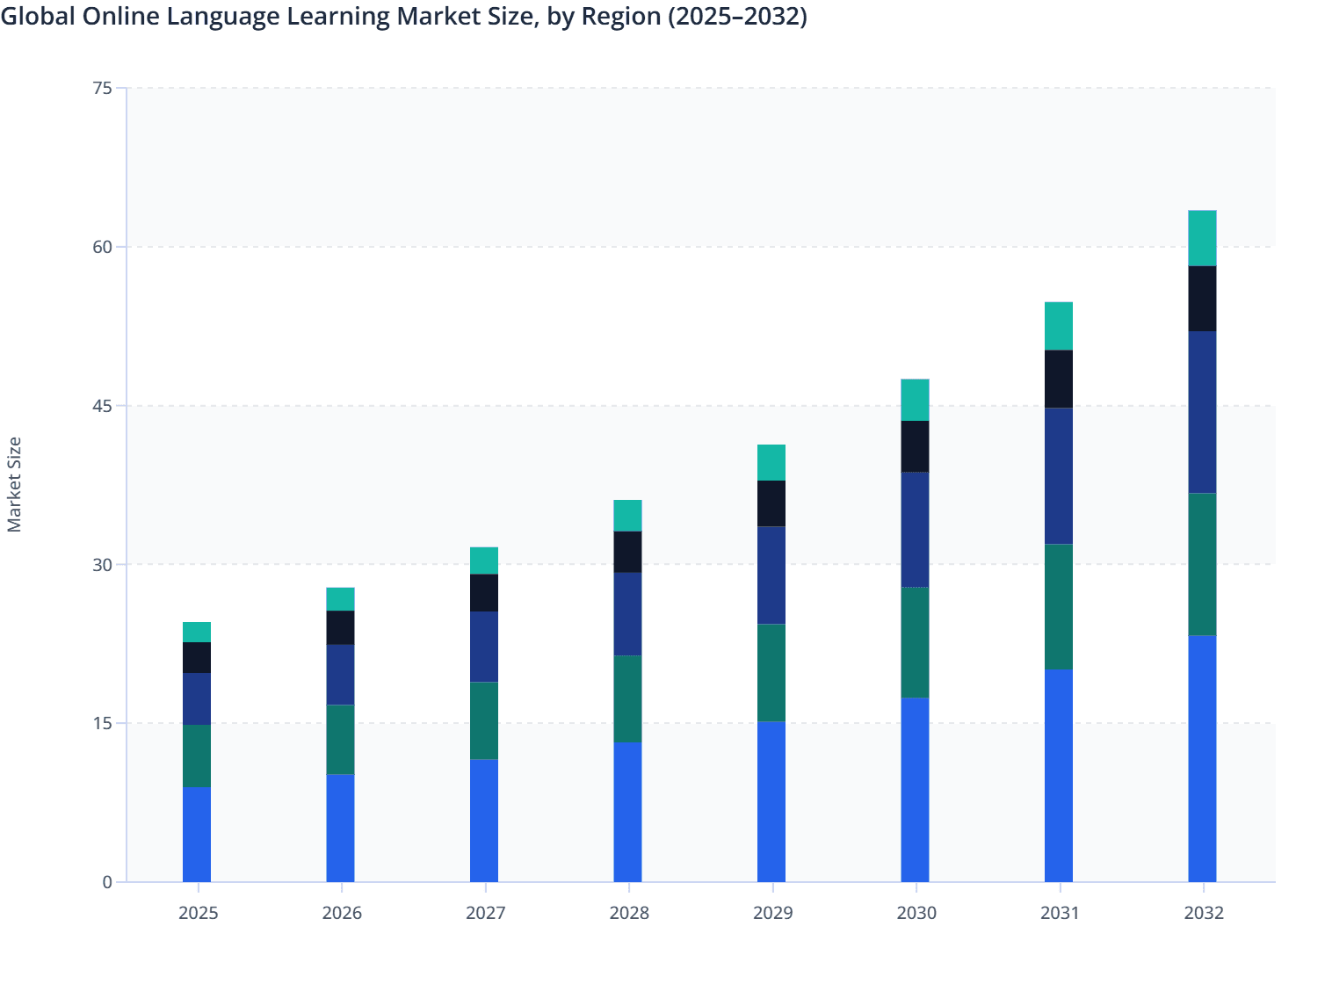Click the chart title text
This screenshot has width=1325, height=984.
coord(403,17)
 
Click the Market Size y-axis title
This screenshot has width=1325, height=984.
coord(14,484)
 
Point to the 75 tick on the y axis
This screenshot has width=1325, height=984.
coord(102,88)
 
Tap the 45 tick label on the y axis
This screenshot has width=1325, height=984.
coord(102,406)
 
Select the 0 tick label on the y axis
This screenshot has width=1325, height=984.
coord(107,882)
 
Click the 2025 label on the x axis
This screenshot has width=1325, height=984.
coord(198,913)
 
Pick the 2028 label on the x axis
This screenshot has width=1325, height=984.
coord(628,913)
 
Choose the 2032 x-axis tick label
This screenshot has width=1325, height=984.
coord(1203,913)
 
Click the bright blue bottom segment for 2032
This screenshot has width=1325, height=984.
coord(1202,758)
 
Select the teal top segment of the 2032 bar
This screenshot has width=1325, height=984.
coord(1202,238)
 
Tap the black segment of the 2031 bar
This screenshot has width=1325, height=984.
coord(1058,379)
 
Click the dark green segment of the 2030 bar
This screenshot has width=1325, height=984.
coord(915,642)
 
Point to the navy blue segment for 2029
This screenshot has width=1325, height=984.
coord(771,575)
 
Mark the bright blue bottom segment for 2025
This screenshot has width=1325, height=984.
coord(197,834)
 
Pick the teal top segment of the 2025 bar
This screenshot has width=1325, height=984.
coord(197,632)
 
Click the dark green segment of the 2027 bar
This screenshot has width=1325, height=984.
coord(484,720)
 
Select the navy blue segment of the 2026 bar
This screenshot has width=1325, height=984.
coord(340,675)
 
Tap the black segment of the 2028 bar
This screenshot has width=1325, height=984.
coord(627,552)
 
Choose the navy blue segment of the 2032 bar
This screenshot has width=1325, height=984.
coord(1202,412)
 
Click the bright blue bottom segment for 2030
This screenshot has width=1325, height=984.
coord(915,790)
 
